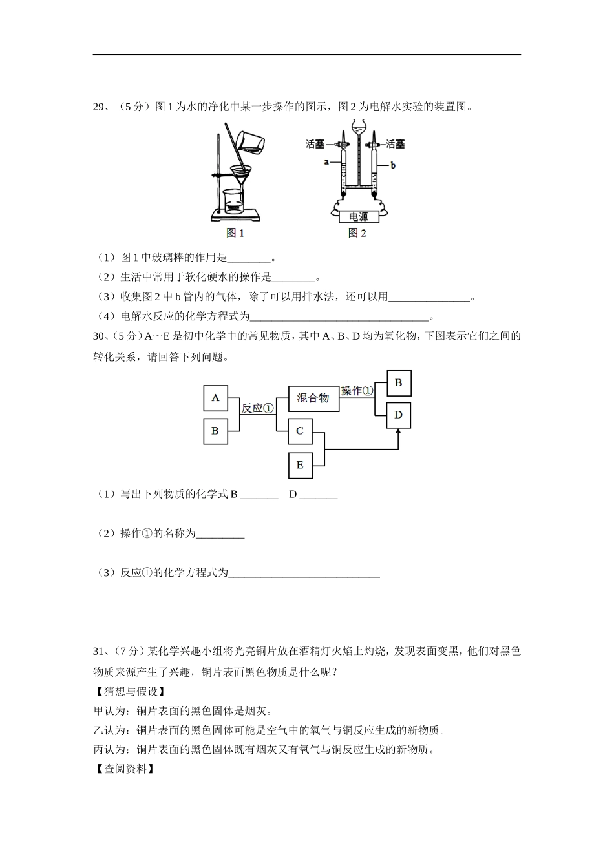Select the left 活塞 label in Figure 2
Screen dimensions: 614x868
pos(315,144)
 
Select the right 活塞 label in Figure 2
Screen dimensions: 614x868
pos(395,144)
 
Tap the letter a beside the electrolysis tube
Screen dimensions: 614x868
pos(327,161)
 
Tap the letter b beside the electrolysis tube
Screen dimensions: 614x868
pos(393,165)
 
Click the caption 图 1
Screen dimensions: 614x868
pos(235,234)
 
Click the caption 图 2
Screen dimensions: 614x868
pos(357,234)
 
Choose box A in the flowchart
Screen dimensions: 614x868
pos(215,398)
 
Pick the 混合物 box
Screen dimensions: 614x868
pos(313,398)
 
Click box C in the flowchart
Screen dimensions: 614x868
pos(300,431)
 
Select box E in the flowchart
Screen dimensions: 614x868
pos(300,465)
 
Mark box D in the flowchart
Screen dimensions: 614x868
pos(398,415)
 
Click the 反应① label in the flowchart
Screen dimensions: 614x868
pos(257,408)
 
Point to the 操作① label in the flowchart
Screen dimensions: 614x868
pos(357,391)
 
